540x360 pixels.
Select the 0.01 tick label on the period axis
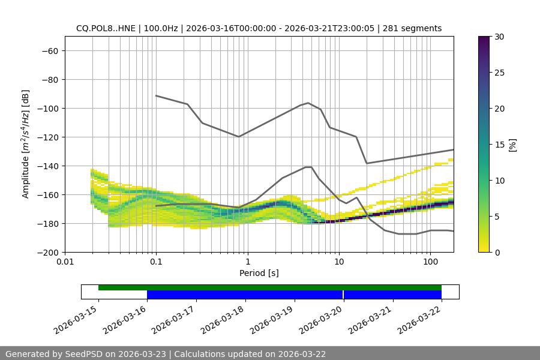pos(65,262)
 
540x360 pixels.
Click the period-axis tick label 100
pos(430,262)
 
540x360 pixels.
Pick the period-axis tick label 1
pos(247,262)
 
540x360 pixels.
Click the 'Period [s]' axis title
pos(259,273)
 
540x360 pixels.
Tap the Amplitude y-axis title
pos(26,144)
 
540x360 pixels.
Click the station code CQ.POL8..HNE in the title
pos(105,28)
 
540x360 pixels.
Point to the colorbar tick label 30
pos(499,37)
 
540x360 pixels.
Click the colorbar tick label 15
pos(499,145)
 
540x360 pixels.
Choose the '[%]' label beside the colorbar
pos(512,145)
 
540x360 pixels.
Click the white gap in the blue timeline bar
pos(343,295)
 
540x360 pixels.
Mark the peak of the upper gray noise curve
pos(308,103)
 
